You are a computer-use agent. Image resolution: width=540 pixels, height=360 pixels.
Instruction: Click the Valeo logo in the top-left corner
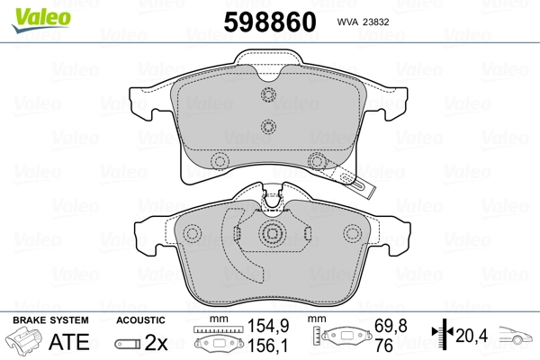41,20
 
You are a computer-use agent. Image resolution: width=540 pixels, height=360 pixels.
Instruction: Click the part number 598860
270,22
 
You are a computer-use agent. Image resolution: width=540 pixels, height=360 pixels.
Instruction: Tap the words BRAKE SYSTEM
50,320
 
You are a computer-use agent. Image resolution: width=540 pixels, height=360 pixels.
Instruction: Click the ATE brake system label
69,341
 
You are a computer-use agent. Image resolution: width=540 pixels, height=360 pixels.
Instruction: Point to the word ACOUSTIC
140,320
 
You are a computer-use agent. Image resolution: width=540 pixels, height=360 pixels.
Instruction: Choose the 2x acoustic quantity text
156,342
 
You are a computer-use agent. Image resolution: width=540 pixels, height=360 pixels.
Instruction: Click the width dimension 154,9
268,326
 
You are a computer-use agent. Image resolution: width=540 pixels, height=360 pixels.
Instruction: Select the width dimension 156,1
268,346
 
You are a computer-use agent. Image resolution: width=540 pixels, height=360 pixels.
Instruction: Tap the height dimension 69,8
391,326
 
